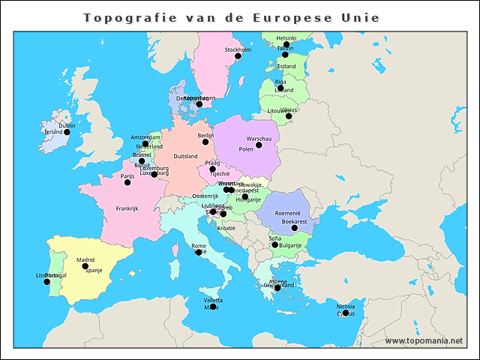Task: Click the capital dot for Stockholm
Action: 238,56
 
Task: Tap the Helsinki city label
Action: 286,37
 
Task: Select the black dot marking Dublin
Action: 67,132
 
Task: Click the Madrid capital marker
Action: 85,266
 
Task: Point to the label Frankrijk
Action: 127,208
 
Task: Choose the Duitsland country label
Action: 185,156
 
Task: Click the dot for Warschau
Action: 259,145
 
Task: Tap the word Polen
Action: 246,149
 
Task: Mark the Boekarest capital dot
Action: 294,228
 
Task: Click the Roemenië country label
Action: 288,214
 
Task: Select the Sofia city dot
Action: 275,245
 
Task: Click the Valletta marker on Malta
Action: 213,307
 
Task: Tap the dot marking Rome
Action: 199,252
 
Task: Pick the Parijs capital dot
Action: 127,182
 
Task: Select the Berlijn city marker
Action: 205,142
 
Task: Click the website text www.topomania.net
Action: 424,340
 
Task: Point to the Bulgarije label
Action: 290,245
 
